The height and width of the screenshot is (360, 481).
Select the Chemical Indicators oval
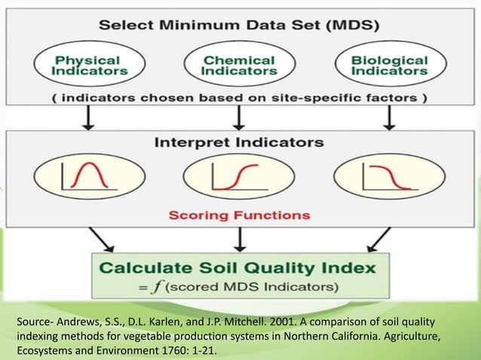pyautogui.click(x=240, y=65)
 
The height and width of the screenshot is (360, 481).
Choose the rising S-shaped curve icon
pyautogui.click(x=240, y=178)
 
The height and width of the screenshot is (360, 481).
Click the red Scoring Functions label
pyautogui.click(x=240, y=215)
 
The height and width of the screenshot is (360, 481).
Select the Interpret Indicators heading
pyautogui.click(x=240, y=142)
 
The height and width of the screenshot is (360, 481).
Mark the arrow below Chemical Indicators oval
pyautogui.click(x=240, y=117)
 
